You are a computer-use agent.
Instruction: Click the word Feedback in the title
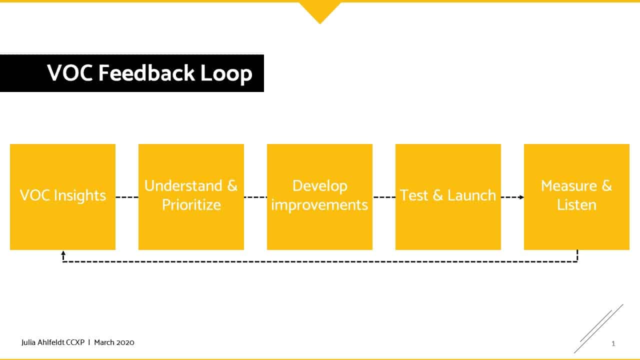click(146, 73)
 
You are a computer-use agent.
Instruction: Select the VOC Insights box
click(62, 197)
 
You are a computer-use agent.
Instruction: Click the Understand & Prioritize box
click(191, 197)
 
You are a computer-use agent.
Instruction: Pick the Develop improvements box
click(319, 197)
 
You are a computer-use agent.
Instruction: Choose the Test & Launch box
click(448, 197)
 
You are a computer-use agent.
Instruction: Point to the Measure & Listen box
click(576, 197)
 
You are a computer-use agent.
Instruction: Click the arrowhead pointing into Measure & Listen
click(521, 197)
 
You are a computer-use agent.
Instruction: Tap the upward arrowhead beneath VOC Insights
click(63, 253)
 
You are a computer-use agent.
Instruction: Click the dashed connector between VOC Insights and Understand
click(127, 197)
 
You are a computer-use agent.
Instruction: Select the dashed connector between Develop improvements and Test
click(384, 197)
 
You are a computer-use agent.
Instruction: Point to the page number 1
click(613, 343)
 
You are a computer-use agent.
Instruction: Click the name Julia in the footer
click(28, 342)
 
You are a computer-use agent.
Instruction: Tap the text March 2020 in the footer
click(114, 342)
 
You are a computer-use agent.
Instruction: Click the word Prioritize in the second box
click(191, 205)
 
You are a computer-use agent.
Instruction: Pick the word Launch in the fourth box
click(471, 195)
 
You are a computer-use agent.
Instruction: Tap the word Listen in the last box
click(576, 205)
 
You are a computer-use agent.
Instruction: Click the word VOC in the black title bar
click(70, 73)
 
